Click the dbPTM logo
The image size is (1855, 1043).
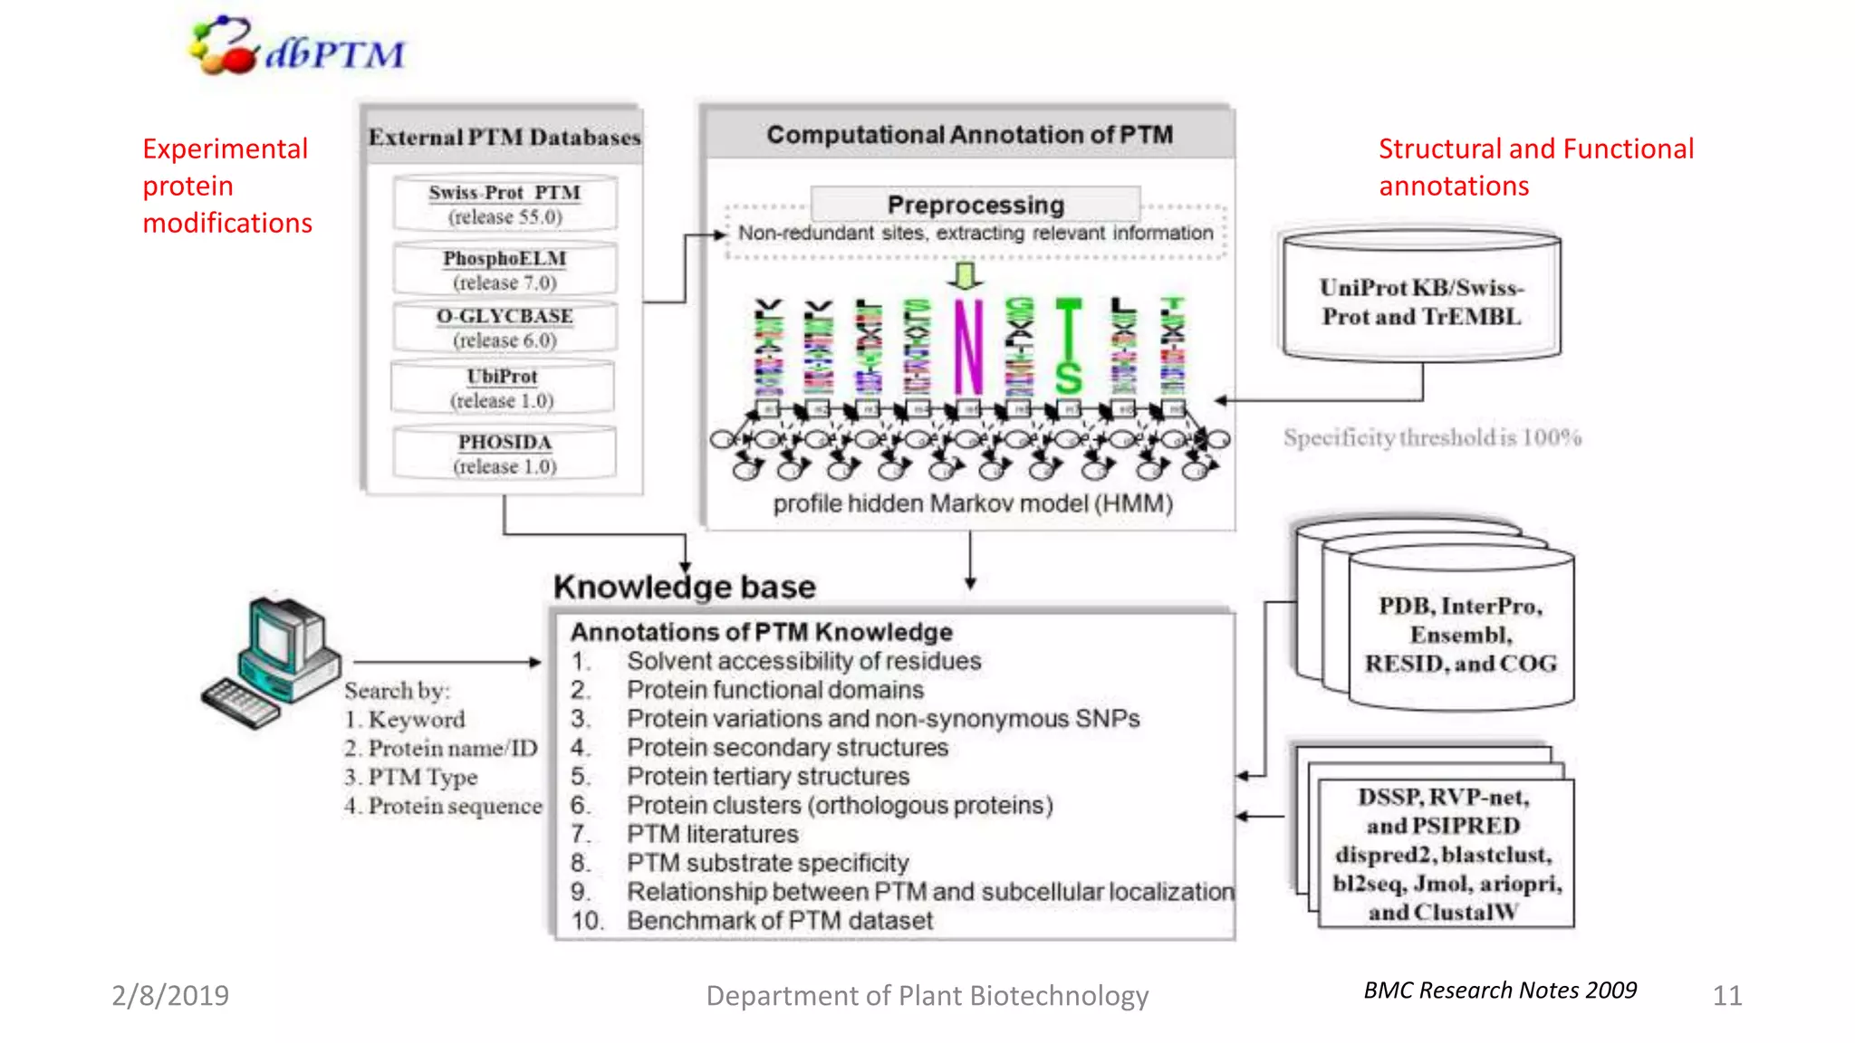coord(297,47)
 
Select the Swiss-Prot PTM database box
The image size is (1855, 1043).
coord(505,204)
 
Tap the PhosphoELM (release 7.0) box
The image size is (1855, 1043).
coord(505,270)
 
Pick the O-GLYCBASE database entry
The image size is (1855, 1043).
coord(505,328)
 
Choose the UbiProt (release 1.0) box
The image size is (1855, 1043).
coord(503,388)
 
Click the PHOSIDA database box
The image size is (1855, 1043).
coord(505,454)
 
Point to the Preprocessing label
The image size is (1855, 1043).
coord(976,205)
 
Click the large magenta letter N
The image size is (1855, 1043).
coord(967,347)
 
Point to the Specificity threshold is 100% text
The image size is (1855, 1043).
coord(1432,438)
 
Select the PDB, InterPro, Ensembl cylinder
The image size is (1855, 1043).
coord(1460,635)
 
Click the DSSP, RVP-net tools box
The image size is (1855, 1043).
coord(1446,854)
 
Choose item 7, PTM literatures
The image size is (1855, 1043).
coord(712,834)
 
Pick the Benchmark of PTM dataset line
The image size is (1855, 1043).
coord(779,921)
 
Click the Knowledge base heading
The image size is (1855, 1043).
coord(685,587)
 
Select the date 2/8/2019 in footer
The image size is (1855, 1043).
coord(170,995)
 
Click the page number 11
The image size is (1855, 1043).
coord(1726,996)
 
